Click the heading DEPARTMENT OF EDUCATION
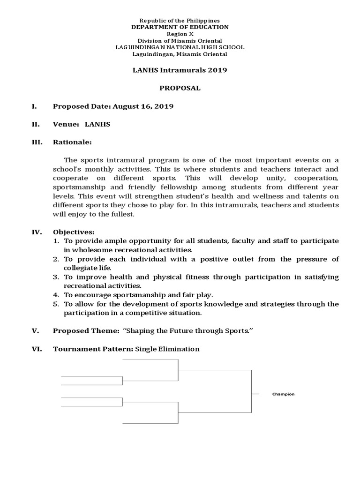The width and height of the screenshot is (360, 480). click(x=180, y=27)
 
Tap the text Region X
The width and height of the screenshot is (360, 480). click(x=180, y=34)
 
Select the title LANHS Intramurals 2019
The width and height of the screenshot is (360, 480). click(x=180, y=70)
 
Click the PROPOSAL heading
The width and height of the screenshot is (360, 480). click(x=180, y=88)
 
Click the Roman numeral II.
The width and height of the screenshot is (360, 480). click(x=35, y=124)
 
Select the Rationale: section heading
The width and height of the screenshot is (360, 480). click(x=73, y=142)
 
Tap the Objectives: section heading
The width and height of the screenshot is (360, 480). click(x=74, y=232)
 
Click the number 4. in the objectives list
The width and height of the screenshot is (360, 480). click(x=56, y=295)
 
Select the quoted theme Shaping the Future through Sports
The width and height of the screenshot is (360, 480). click(x=187, y=331)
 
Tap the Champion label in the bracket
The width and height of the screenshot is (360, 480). click(x=283, y=394)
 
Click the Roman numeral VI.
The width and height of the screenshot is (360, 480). click(x=36, y=349)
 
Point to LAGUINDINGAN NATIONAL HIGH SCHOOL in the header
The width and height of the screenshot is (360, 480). click(x=180, y=47)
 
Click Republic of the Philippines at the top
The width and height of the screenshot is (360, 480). click(x=180, y=21)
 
